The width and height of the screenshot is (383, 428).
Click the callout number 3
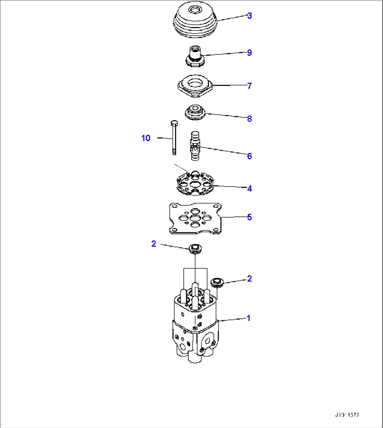(x=249, y=16)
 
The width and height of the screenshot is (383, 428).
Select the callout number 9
(x=249, y=53)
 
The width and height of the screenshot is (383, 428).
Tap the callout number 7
(x=249, y=86)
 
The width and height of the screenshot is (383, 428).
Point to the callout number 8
(x=249, y=119)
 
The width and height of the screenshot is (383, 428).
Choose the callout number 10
(x=146, y=138)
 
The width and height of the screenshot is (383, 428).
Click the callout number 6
(x=249, y=156)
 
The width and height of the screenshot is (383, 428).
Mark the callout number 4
(x=249, y=189)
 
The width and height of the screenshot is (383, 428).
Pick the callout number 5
(x=249, y=217)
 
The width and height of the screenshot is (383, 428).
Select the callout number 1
(x=248, y=319)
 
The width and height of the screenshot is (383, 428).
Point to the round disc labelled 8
(x=195, y=112)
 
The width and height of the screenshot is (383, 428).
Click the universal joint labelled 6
(x=195, y=145)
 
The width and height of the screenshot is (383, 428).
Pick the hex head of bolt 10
(x=174, y=123)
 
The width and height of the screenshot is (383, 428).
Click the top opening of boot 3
(x=195, y=10)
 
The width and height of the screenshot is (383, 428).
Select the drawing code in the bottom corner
(x=348, y=415)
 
